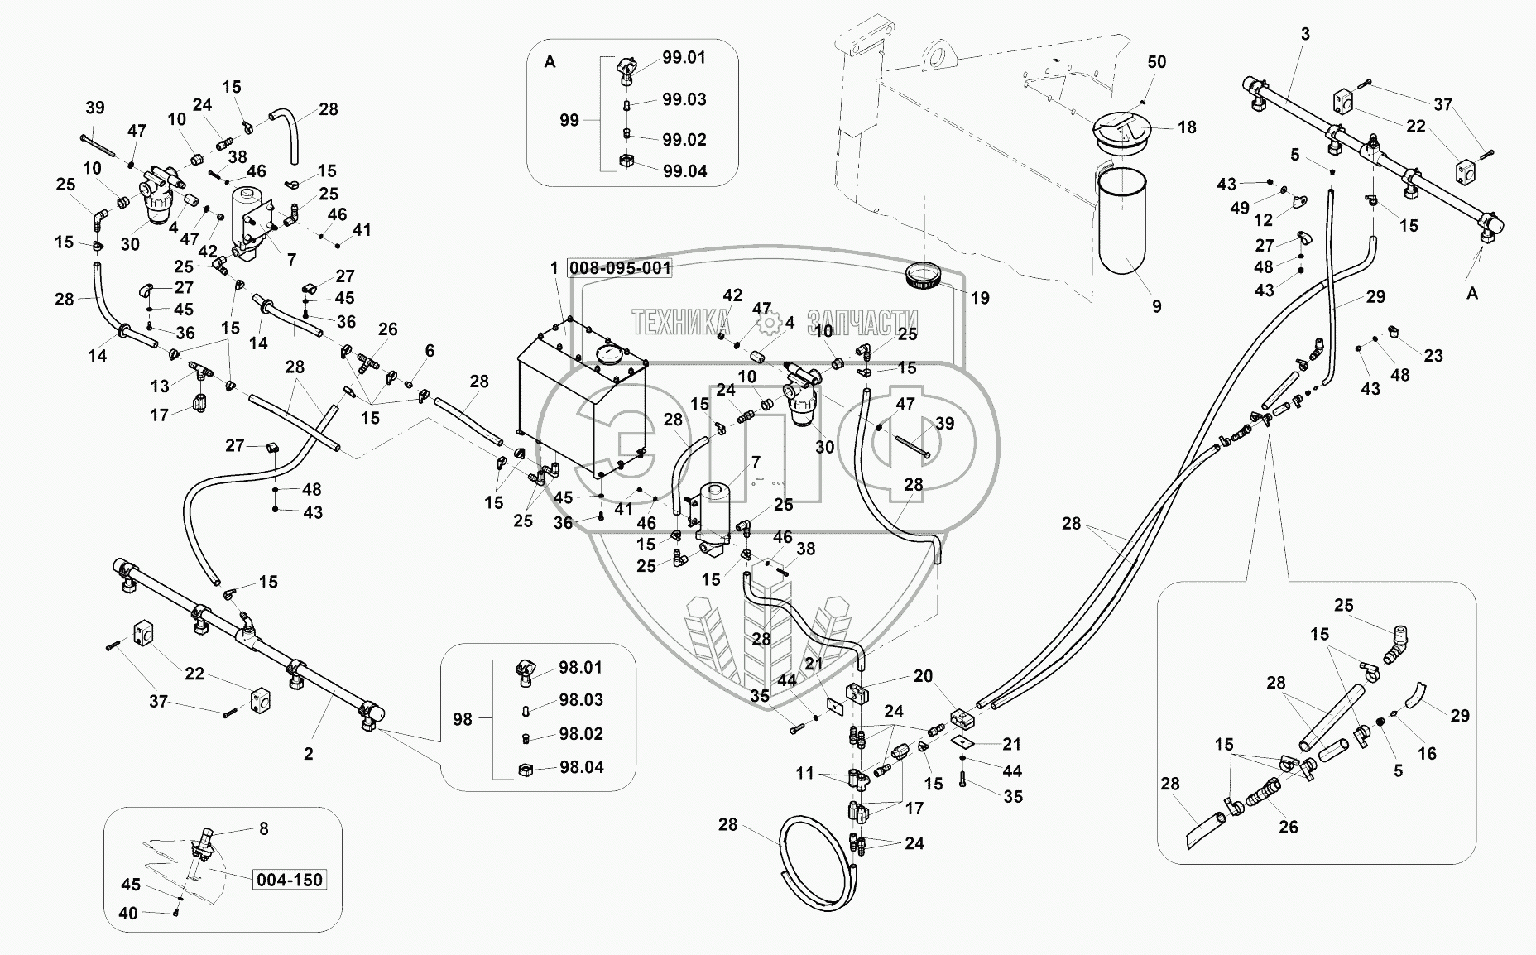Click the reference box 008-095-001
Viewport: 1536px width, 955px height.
click(620, 268)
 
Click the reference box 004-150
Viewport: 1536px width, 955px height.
click(289, 880)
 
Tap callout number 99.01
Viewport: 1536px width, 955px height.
click(684, 58)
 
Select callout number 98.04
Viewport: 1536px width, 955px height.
click(581, 767)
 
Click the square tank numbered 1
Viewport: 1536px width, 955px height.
click(579, 414)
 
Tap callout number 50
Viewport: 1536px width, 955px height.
click(1156, 62)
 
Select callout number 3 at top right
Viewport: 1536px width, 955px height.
click(1305, 34)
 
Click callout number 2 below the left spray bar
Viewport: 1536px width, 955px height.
click(309, 754)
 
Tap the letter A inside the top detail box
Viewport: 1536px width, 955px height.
click(550, 62)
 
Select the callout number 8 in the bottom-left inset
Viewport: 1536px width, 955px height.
click(263, 828)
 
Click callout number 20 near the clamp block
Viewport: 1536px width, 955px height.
click(923, 677)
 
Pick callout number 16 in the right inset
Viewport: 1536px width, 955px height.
click(1427, 754)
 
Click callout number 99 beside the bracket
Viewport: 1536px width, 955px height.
click(569, 121)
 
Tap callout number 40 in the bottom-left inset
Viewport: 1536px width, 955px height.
click(127, 913)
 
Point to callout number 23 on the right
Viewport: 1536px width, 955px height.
click(1433, 356)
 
